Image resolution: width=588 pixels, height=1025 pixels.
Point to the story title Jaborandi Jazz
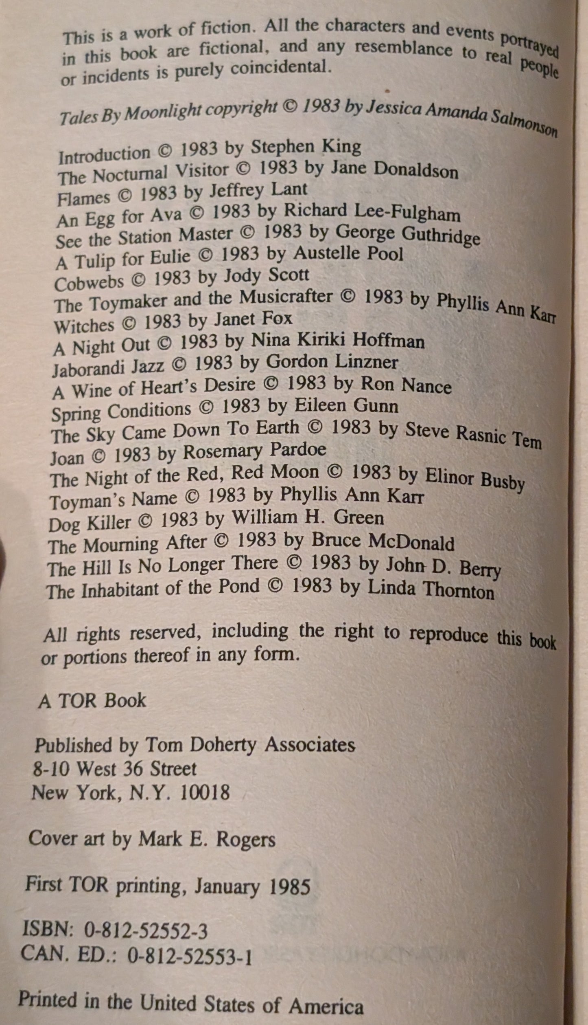pos(108,367)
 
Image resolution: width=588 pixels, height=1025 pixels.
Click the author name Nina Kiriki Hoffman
pos(338,341)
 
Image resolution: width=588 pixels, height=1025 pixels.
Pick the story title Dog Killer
pos(90,523)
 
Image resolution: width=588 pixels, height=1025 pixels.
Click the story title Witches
pos(83,325)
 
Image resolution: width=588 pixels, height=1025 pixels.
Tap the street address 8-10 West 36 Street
pos(114,769)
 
